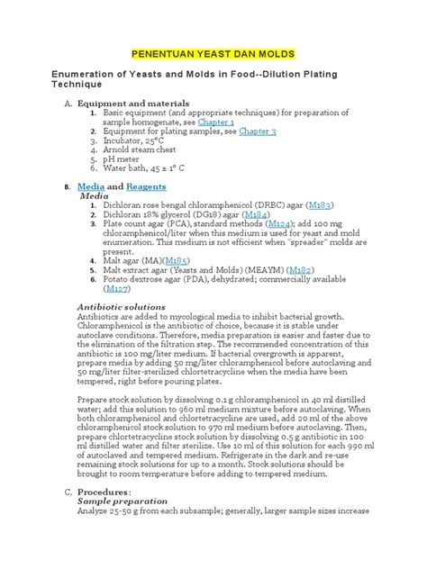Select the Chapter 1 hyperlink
216,122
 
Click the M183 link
320,206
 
